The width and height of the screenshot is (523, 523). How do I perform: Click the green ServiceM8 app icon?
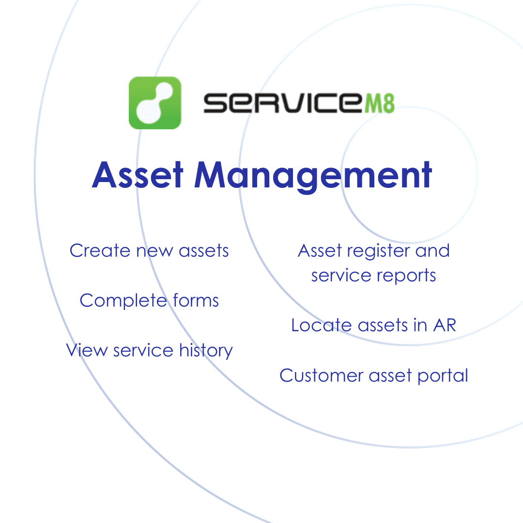click(155, 103)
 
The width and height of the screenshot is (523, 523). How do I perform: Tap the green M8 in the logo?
click(380, 103)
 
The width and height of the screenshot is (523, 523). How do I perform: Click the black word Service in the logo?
click(283, 103)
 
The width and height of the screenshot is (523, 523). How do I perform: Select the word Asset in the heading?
click(138, 175)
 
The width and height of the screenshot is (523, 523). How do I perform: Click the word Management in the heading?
click(313, 176)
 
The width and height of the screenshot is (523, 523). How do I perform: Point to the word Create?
click(100, 250)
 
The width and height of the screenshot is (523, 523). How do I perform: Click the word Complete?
click(123, 301)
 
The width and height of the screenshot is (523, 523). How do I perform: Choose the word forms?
click(196, 300)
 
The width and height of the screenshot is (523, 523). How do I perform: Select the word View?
click(87, 350)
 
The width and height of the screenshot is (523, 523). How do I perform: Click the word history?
click(206, 351)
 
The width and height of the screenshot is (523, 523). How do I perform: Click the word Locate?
click(322, 325)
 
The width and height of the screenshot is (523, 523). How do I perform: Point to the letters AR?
click(445, 325)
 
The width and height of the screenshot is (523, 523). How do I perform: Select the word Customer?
click(321, 375)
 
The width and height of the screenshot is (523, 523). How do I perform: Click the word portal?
click(443, 377)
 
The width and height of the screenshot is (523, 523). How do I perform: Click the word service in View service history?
click(143, 351)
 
